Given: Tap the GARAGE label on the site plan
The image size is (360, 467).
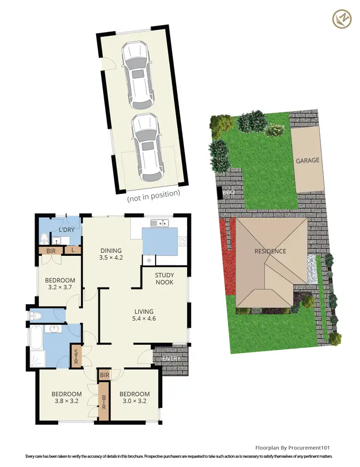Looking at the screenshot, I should click(x=307, y=161).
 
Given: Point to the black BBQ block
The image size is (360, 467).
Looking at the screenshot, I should click(x=220, y=193).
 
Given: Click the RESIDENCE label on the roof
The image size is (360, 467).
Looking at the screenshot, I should click(x=270, y=251).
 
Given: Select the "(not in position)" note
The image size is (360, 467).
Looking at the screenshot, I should click(x=153, y=193).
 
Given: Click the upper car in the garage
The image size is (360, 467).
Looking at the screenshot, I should click(x=137, y=76).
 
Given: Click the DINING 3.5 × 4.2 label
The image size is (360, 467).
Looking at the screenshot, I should click(x=111, y=254).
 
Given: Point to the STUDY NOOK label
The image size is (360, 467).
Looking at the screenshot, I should click(x=164, y=278).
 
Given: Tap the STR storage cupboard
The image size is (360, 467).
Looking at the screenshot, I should click(x=76, y=356).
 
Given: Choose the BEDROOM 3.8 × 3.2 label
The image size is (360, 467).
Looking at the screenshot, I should click(x=67, y=398).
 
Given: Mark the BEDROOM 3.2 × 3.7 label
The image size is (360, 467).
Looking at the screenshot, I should click(x=60, y=284).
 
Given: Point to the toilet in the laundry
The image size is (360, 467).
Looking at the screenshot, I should click(x=45, y=237).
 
